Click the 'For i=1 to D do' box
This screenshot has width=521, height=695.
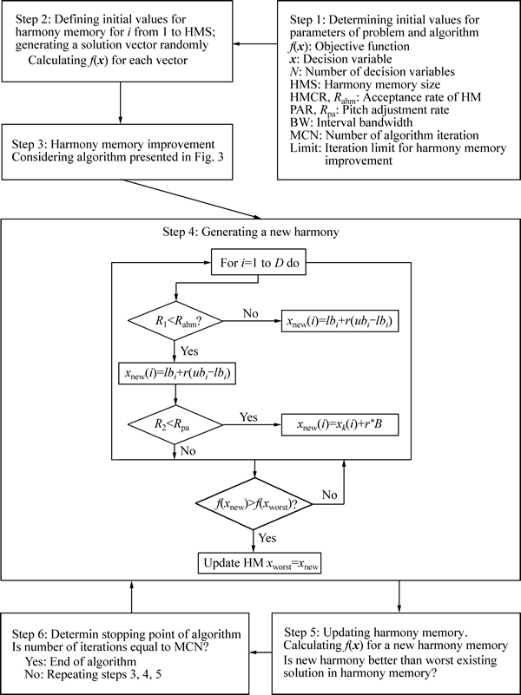(258, 262)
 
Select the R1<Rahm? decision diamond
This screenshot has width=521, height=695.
(175, 322)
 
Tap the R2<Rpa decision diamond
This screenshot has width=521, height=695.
(175, 424)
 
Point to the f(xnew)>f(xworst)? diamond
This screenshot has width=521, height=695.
(254, 503)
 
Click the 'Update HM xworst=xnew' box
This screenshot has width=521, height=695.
(260, 562)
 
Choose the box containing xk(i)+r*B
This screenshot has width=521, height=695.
(340, 424)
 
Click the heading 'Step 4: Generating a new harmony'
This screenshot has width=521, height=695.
(251, 232)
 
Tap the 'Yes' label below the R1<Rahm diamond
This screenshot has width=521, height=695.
(189, 351)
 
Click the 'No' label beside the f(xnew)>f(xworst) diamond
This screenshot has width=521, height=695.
(329, 495)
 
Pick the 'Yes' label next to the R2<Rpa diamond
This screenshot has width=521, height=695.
(248, 417)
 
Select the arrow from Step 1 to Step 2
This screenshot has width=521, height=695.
(255, 44)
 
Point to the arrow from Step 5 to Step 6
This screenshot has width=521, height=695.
(260, 652)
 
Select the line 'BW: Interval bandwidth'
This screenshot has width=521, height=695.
(351, 121)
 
